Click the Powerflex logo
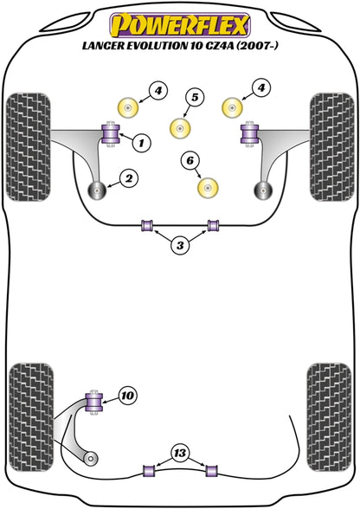(x=180, y=20)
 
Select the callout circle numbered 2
(x=129, y=179)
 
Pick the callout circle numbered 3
(x=179, y=246)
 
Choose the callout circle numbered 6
(x=190, y=159)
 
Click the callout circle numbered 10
(x=128, y=396)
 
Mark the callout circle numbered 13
(x=179, y=453)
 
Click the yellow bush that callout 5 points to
(x=181, y=126)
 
